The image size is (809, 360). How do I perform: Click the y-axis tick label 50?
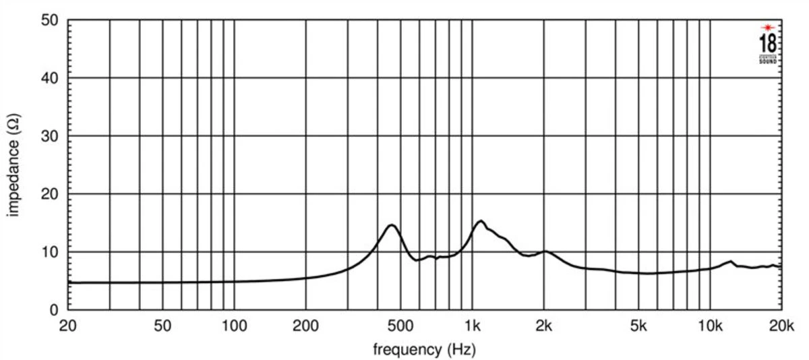(x=55, y=20)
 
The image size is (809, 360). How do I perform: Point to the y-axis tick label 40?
(x=55, y=78)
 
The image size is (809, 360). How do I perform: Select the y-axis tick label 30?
(x=55, y=136)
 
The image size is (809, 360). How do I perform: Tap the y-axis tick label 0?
(x=59, y=310)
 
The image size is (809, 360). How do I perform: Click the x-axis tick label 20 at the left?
(x=67, y=327)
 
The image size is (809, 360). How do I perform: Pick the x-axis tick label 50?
(x=162, y=327)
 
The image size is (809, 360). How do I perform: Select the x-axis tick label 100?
(x=234, y=327)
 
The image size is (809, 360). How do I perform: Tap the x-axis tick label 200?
(x=305, y=327)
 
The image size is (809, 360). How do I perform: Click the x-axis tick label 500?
(x=400, y=327)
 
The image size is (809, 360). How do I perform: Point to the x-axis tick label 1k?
(x=472, y=327)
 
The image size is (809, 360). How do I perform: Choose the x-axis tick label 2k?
(x=543, y=327)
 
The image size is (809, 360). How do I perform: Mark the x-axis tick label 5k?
(x=638, y=327)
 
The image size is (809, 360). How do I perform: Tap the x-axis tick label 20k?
(x=781, y=327)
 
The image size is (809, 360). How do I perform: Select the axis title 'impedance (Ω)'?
(x=13, y=165)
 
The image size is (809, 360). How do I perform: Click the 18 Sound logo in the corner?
(x=768, y=44)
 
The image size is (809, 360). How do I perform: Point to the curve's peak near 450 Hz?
(x=391, y=224)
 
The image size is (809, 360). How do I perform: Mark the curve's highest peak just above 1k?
(x=480, y=220)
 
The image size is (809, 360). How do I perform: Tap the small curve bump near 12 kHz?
(x=730, y=261)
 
